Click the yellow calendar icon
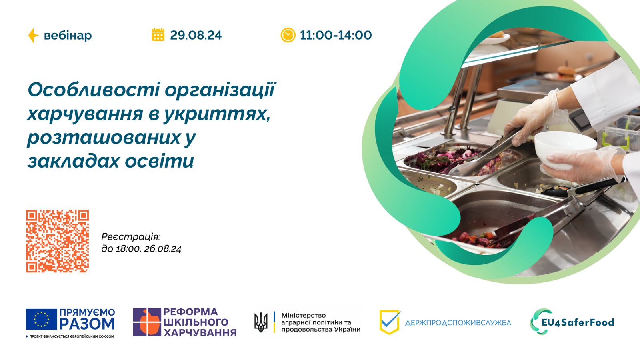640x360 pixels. tap(158, 35)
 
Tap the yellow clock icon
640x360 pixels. tap(288, 35)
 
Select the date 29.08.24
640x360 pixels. tap(196, 35)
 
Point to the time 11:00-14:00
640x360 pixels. tap(336, 35)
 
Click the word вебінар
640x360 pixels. tap(68, 36)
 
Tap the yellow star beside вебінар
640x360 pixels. tap(33, 35)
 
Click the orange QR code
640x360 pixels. tap(58, 241)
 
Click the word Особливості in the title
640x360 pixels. tap(94, 90)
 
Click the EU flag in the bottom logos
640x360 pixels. tap(41, 319)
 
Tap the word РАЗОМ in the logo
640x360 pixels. tap(87, 324)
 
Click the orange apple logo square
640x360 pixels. tap(147, 322)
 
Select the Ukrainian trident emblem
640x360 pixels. tap(261, 322)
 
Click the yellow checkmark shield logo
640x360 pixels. tap(389, 322)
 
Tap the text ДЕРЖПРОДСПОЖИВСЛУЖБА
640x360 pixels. tap(458, 323)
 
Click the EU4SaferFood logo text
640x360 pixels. tap(577, 322)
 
